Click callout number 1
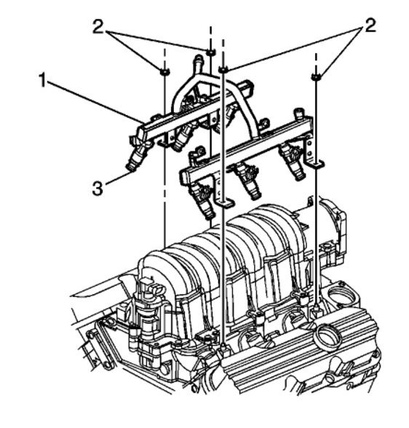coord(42,80)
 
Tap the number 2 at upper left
coord(98,27)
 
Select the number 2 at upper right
coord(370,26)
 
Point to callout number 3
coord(98,189)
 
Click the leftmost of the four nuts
coord(164,71)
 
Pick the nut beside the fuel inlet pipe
coord(210,52)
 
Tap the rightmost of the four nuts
coord(316,77)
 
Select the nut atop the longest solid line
coord(223,70)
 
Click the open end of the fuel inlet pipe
coord(198,58)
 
